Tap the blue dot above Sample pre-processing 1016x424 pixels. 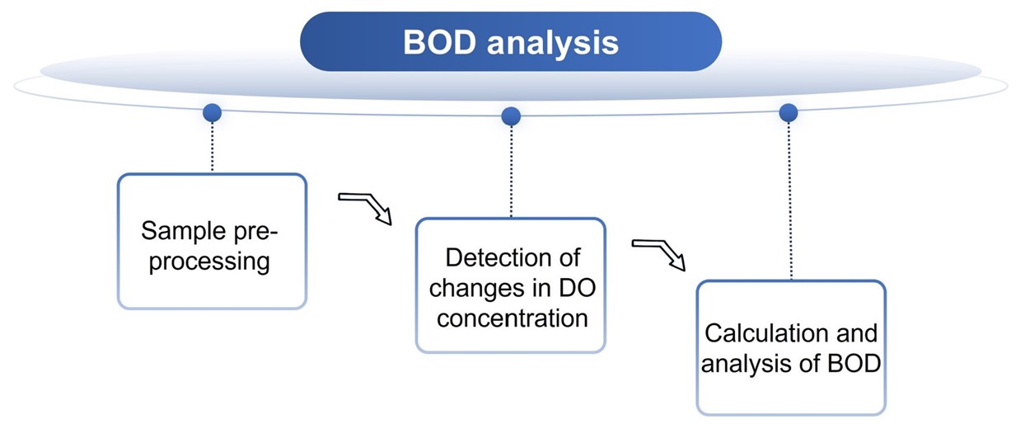point(213,113)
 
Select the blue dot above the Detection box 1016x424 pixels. point(511,116)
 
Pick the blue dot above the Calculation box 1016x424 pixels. point(789,112)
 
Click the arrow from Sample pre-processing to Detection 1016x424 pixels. point(365,206)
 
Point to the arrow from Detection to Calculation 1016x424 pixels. point(658,253)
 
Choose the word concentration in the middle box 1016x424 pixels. point(512,318)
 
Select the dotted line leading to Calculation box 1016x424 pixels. point(790,198)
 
